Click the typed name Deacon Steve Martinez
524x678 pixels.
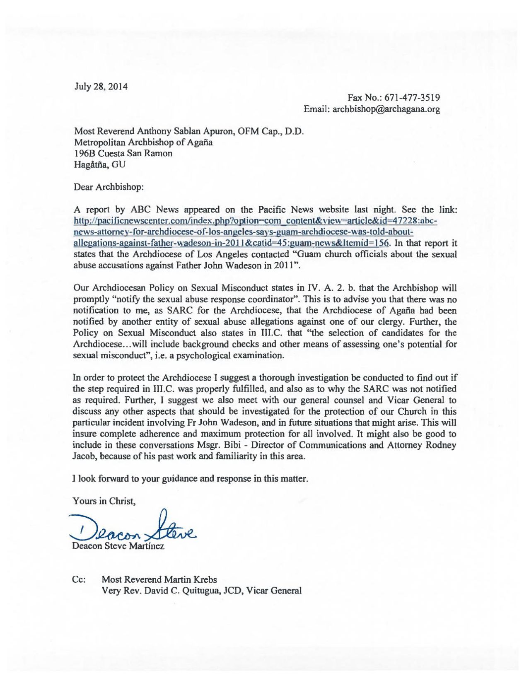(x=118, y=546)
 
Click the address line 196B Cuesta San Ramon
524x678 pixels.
(x=123, y=153)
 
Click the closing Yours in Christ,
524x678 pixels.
(x=104, y=501)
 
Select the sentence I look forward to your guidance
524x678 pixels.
(x=191, y=479)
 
